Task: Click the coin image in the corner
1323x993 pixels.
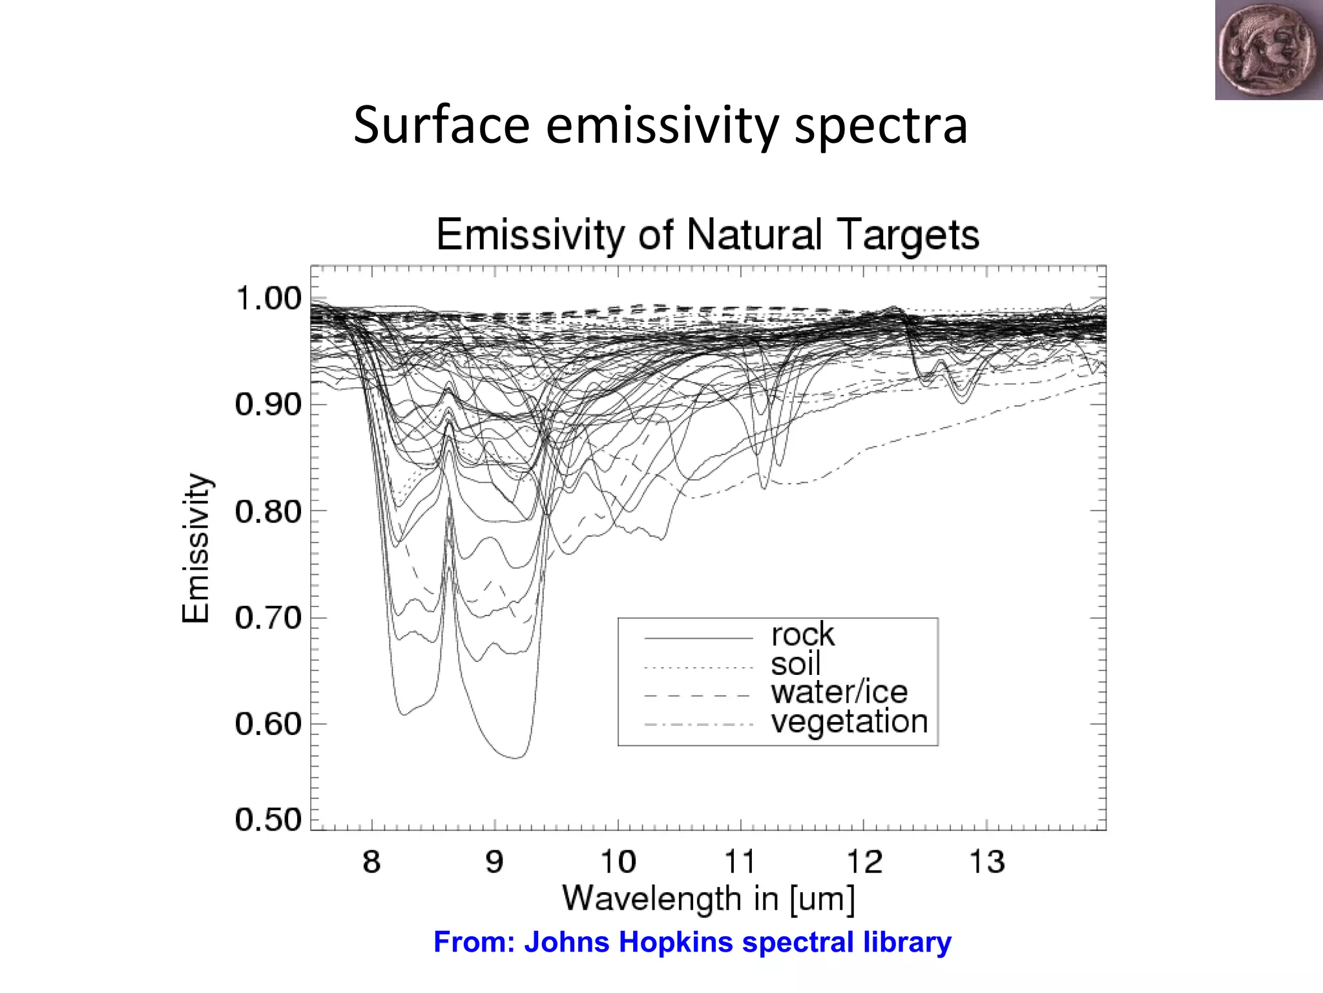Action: tap(1268, 50)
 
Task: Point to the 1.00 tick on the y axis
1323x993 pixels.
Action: tap(268, 299)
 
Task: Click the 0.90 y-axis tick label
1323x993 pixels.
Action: tap(268, 405)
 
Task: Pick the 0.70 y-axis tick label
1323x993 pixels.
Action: tap(268, 618)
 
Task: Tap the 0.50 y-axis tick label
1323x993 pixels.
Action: tap(268, 820)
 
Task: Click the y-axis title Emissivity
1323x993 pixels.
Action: tap(195, 548)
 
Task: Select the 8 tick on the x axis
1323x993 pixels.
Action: tap(371, 862)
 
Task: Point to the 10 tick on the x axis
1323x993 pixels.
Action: tap(618, 862)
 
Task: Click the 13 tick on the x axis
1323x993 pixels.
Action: tap(987, 862)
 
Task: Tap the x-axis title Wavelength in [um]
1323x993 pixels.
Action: tap(709, 899)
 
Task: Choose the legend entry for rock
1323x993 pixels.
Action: tap(802, 635)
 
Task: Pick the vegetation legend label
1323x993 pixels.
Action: tap(849, 721)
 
